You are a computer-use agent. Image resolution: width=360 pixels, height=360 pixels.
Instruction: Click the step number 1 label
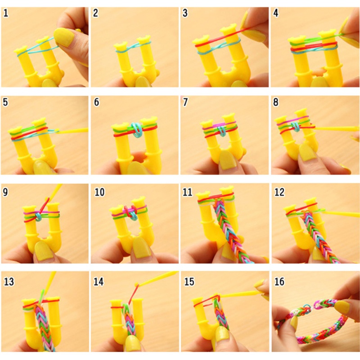6,13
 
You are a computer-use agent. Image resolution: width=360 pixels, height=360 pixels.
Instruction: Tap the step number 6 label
96,103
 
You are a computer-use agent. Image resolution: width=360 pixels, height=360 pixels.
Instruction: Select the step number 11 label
188,193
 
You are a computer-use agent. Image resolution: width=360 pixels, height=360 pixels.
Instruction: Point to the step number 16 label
279,282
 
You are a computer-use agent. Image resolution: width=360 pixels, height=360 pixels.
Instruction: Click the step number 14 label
99,282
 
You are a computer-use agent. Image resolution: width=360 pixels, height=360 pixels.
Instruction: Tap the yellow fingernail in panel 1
65,37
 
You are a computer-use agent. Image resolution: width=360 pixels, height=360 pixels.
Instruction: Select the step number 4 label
276,13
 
